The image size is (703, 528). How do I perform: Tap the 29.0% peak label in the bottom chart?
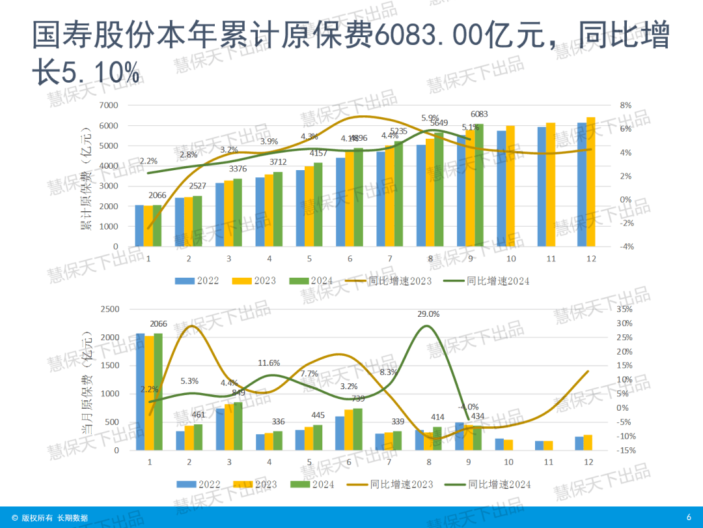coord(428,314)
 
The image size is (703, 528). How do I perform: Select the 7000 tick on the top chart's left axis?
coord(109,105)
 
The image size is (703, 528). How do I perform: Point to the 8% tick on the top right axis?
coord(626,105)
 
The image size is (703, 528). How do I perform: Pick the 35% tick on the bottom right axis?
coord(624,309)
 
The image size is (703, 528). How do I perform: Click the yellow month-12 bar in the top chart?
coord(591,182)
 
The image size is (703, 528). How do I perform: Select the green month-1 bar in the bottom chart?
coord(158,391)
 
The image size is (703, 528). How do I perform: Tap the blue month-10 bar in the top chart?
coord(502,188)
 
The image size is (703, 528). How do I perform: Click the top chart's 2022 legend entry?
coord(197,281)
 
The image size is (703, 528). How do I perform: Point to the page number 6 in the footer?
coord(689,517)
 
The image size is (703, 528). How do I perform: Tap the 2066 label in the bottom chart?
coord(159,324)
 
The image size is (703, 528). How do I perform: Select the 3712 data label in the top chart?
coord(278,162)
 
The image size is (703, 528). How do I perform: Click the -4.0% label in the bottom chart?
coord(470,407)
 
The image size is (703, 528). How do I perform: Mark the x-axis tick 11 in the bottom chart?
coord(548,462)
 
